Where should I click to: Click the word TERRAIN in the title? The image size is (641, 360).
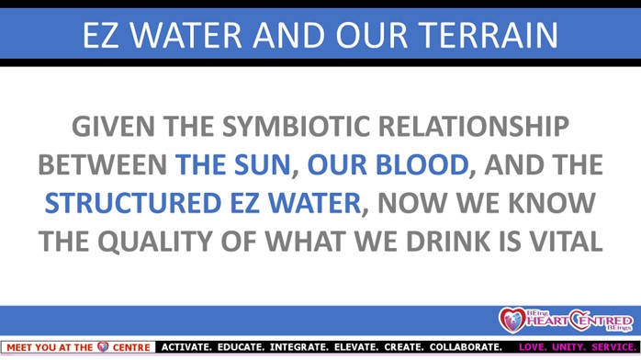point(489,35)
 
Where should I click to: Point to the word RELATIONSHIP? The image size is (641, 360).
point(473,126)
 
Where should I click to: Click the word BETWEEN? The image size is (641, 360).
point(102,164)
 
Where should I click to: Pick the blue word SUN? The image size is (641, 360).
point(262,164)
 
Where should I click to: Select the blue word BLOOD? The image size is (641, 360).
point(422,164)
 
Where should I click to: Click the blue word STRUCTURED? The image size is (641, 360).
point(133,203)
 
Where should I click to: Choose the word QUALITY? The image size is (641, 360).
point(155,242)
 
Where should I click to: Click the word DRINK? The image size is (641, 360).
point(448,242)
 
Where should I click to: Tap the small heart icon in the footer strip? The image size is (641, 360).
point(103,347)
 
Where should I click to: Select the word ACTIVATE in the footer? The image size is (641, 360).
point(186,347)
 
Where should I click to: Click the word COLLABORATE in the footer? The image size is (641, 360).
point(466,347)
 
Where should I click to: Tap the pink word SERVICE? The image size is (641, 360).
point(614,347)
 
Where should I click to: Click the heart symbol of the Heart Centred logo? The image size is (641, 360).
point(512,320)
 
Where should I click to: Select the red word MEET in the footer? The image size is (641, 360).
point(19,348)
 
